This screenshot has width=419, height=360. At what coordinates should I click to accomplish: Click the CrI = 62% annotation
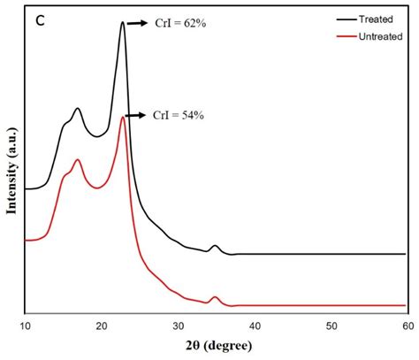[180, 25]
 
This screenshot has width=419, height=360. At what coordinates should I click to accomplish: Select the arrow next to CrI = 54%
[137, 116]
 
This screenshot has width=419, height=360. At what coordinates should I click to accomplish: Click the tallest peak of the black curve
[122, 23]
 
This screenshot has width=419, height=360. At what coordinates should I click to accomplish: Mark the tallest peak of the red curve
[122, 118]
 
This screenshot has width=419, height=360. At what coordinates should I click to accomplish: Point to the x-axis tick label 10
[25, 326]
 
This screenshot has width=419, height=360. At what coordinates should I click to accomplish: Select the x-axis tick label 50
[331, 326]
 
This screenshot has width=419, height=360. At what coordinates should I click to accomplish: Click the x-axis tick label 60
[406, 326]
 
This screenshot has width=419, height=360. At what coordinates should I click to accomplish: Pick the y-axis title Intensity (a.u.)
[12, 168]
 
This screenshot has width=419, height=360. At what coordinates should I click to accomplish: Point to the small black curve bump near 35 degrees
[215, 246]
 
